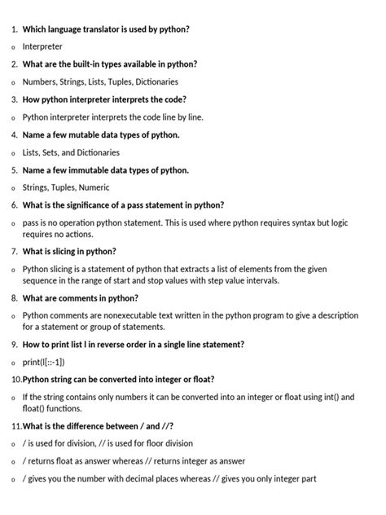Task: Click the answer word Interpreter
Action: coord(42,46)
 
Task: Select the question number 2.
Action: coord(14,64)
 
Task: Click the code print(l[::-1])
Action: coord(43,362)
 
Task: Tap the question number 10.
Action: coord(15,379)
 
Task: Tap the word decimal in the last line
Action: coord(152,479)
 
